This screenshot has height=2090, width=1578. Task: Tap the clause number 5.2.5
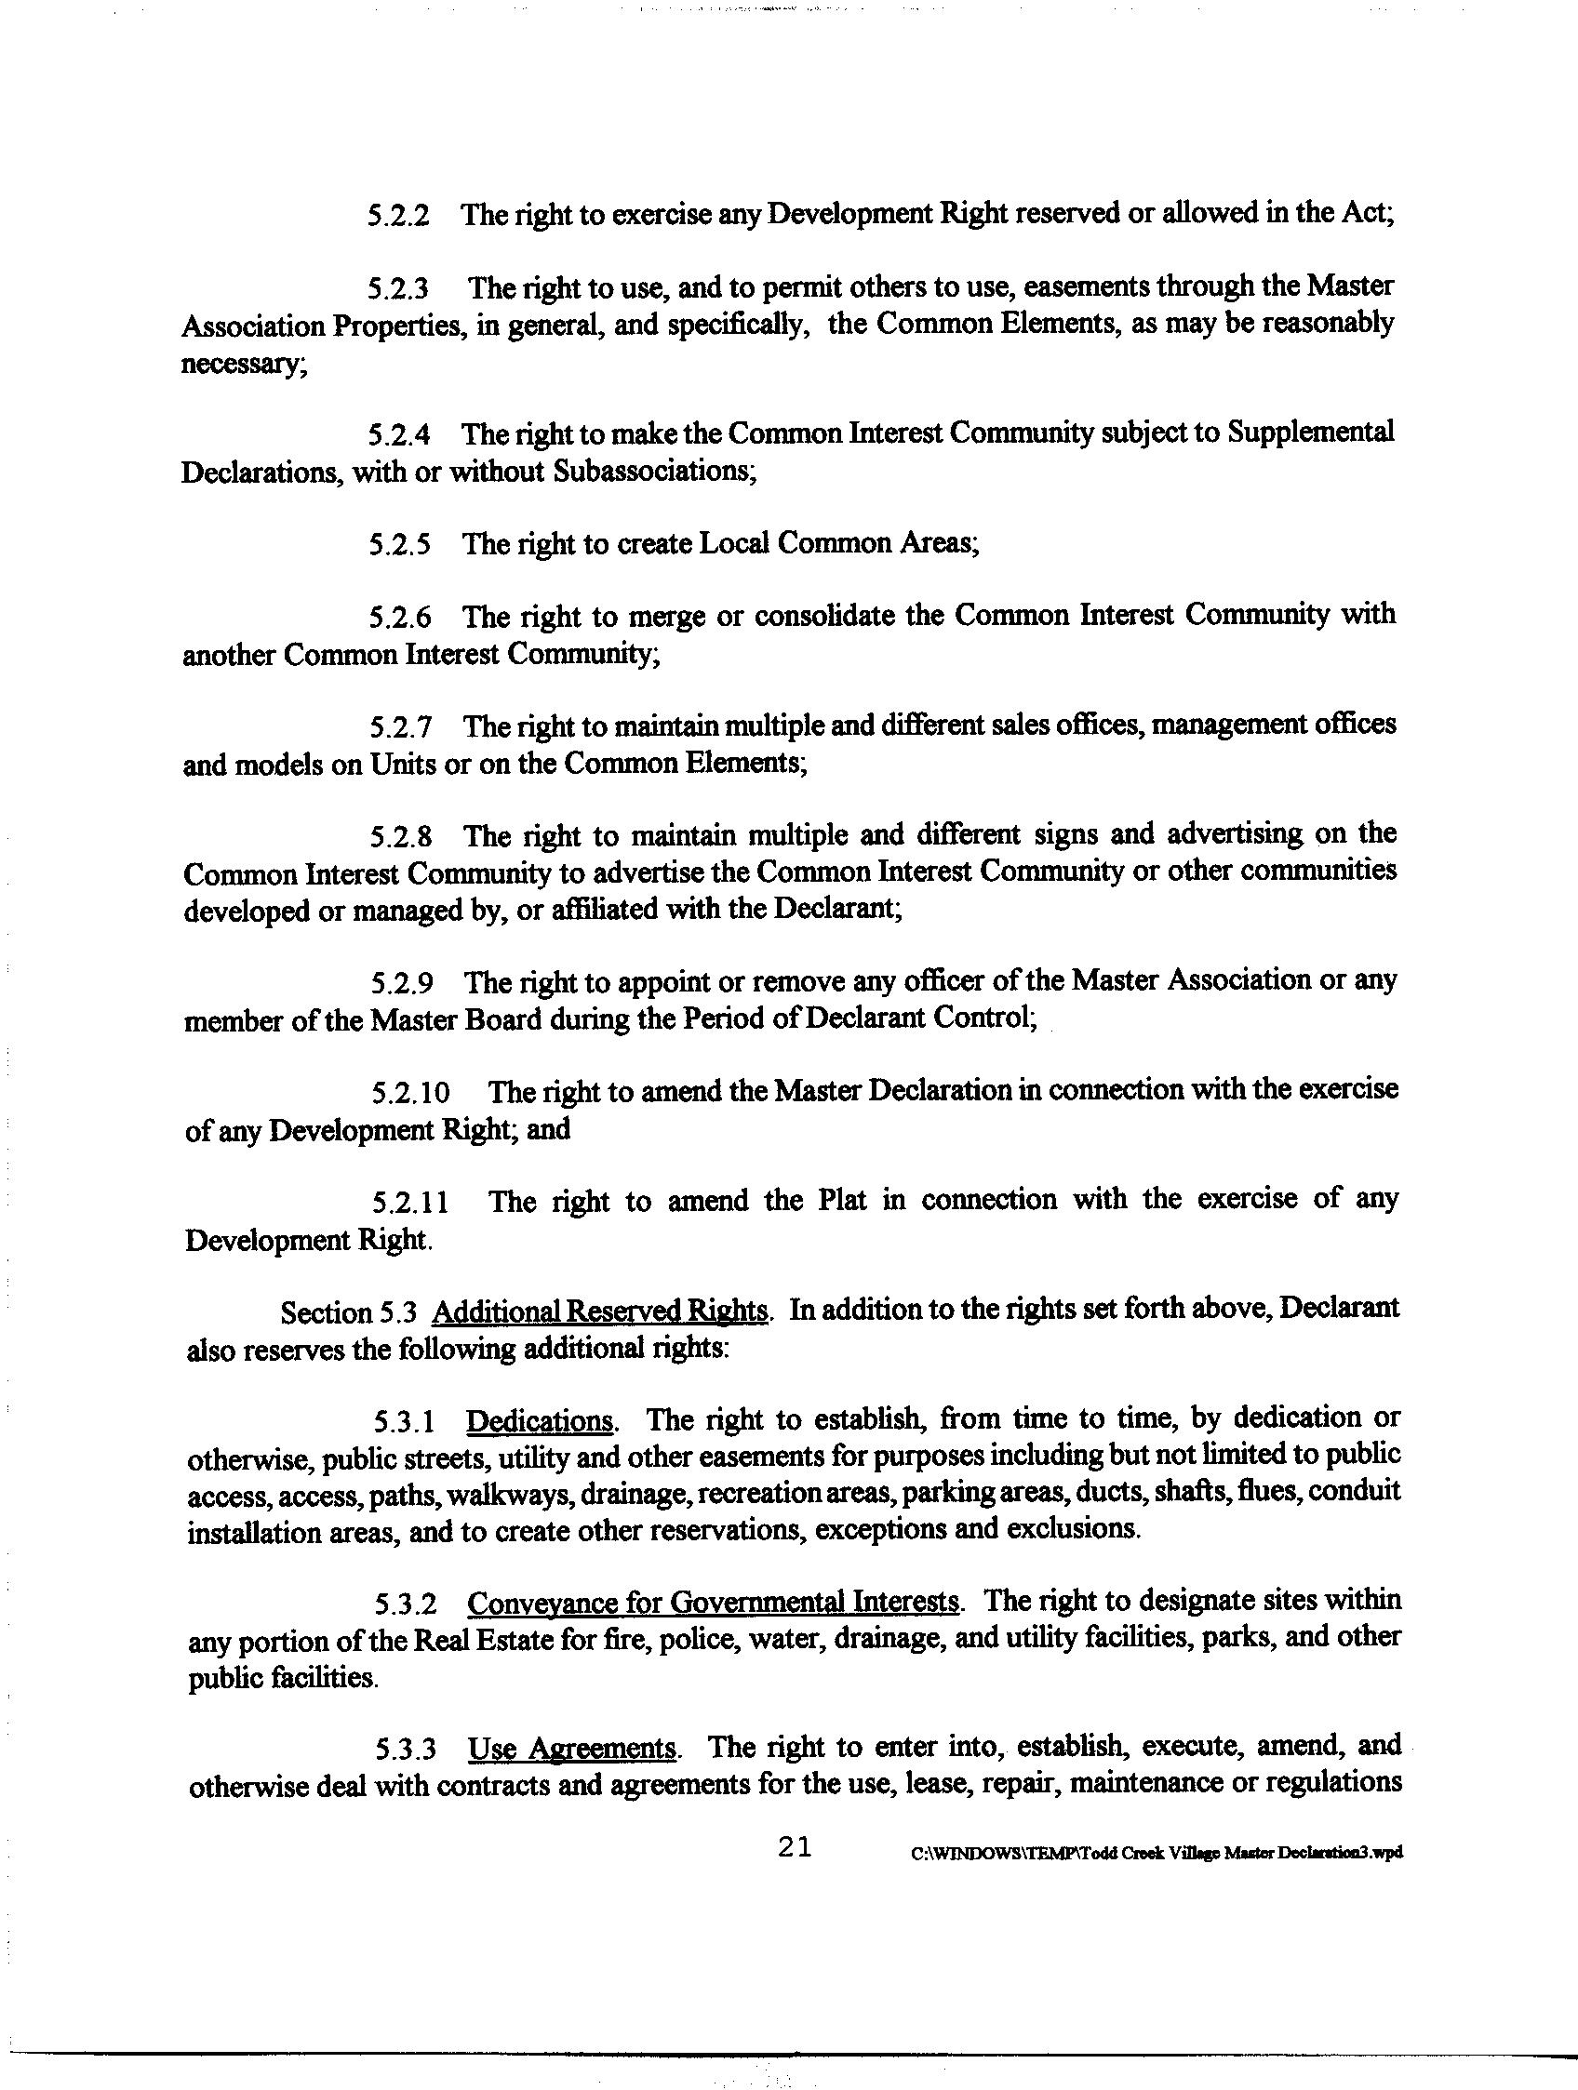click(x=400, y=545)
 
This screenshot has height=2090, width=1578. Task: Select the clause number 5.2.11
click(x=410, y=1203)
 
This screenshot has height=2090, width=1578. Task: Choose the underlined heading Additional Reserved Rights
click(x=600, y=1311)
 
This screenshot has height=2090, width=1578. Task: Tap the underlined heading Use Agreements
click(x=572, y=1748)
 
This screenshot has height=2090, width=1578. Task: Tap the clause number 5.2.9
click(x=403, y=983)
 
